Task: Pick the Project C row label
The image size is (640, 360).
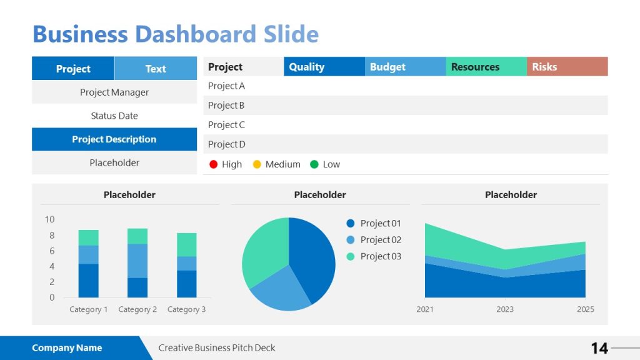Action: pos(226,125)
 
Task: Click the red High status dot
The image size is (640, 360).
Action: pos(214,164)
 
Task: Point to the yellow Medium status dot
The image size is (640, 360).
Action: pos(257,164)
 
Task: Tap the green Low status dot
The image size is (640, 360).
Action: pos(314,164)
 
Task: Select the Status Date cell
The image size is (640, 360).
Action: pos(114,116)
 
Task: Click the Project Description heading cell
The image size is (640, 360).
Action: pos(114,139)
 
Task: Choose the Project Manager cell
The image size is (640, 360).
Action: pos(114,92)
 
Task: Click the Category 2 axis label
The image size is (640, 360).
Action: pos(137,309)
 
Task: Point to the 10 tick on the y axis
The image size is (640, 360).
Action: pos(49,219)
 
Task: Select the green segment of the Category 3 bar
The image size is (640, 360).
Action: pos(186,244)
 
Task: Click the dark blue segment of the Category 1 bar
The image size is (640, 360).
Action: pos(88,281)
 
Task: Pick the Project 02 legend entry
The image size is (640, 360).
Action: pos(380,240)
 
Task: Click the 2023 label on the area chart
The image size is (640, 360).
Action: pos(505,309)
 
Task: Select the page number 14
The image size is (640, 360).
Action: pos(599,348)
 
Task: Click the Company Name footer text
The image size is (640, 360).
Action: pos(67,348)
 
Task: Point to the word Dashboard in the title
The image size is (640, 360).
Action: pos(195,34)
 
